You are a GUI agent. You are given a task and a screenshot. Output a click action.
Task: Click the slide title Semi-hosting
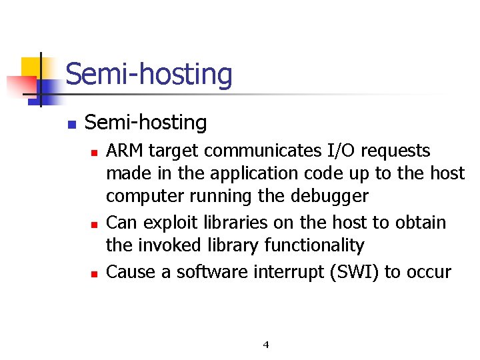pyautogui.click(x=149, y=74)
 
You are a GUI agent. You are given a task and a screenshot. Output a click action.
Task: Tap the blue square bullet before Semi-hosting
pyautogui.click(x=71, y=124)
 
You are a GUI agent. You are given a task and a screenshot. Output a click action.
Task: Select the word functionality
pyautogui.click(x=314, y=246)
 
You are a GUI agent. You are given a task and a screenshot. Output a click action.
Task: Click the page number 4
pyautogui.click(x=266, y=345)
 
